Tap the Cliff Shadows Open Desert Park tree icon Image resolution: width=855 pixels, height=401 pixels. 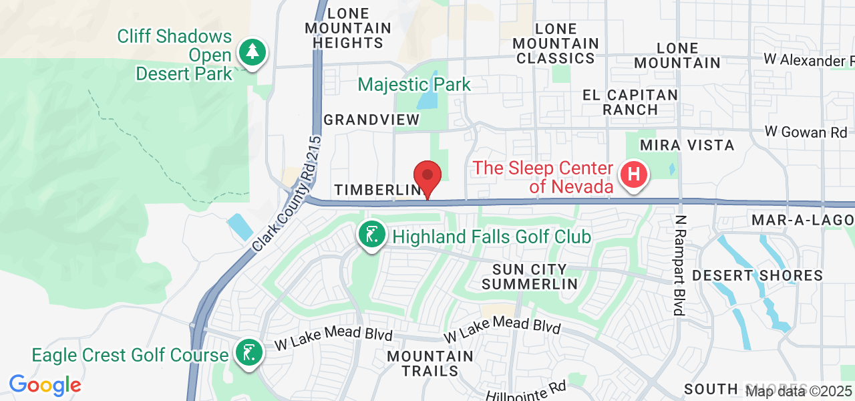click(x=252, y=53)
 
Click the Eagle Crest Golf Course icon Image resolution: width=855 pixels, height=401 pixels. click(x=248, y=352)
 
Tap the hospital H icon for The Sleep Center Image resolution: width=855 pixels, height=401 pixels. click(x=634, y=175)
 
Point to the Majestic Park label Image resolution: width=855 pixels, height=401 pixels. click(x=414, y=85)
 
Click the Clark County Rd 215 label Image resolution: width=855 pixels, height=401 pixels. click(x=288, y=194)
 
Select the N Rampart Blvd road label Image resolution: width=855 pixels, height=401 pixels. click(x=680, y=265)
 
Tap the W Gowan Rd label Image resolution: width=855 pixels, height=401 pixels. click(x=806, y=132)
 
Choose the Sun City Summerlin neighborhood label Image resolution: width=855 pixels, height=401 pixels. click(x=529, y=277)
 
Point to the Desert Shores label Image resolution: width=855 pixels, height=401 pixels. click(x=757, y=275)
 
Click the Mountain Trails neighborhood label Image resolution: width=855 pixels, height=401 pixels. click(x=431, y=364)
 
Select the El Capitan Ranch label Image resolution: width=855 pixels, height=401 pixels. click(x=630, y=102)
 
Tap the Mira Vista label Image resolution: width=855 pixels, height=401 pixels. click(x=687, y=145)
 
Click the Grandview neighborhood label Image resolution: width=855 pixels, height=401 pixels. click(x=371, y=120)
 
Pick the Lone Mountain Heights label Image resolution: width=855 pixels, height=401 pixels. click(x=348, y=28)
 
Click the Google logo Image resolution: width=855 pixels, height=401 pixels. click(x=45, y=385)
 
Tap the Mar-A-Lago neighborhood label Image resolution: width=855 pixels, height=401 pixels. click(x=802, y=221)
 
